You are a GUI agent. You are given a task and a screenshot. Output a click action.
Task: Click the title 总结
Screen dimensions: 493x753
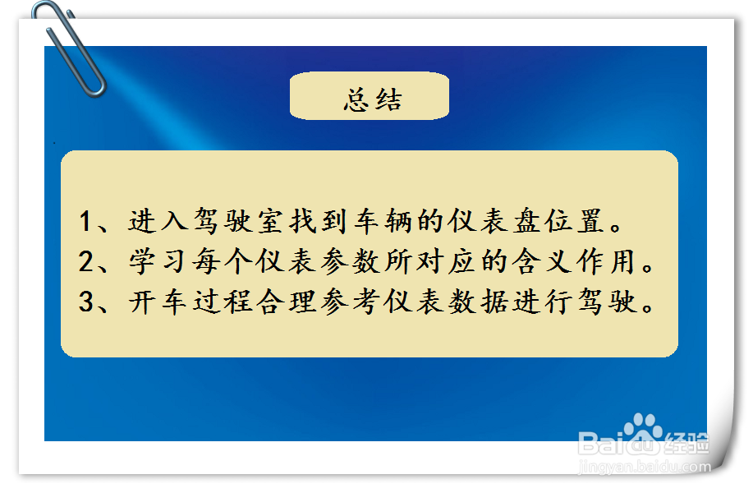(x=372, y=100)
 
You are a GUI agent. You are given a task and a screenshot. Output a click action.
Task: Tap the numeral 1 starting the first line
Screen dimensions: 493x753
(x=86, y=222)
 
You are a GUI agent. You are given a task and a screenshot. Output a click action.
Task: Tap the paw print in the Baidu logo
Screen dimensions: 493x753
(x=642, y=428)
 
